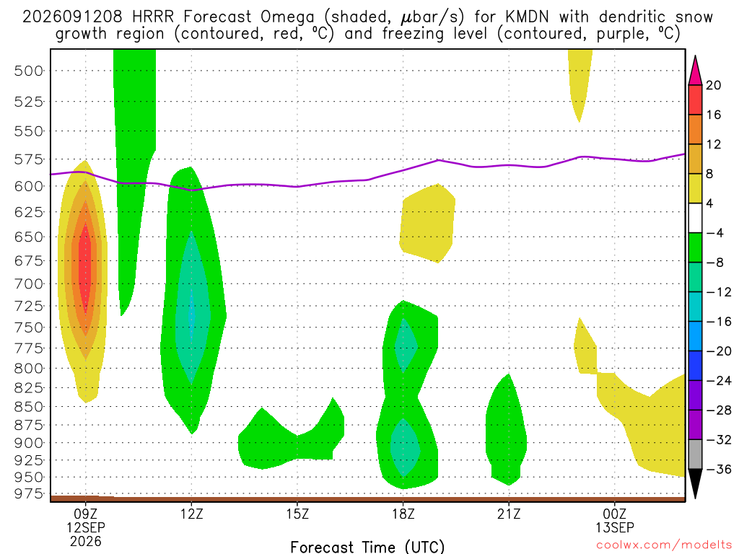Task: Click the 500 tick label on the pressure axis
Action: pos(28,71)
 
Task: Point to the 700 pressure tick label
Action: pos(28,284)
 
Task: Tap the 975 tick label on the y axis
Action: pos(28,493)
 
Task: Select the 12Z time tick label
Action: pos(191,514)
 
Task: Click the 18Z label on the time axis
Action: pos(403,514)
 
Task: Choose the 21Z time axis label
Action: pos(509,514)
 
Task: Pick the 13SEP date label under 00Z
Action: pos(615,527)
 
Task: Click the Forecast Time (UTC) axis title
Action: pos(367,547)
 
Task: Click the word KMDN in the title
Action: pos(527,17)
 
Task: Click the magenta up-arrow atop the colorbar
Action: pos(695,70)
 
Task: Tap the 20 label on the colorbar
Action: pos(714,85)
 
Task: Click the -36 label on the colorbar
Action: pos(719,469)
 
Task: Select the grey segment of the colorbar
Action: pos(695,454)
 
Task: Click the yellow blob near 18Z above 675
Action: pos(427,224)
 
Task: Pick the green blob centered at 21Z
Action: pos(507,430)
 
